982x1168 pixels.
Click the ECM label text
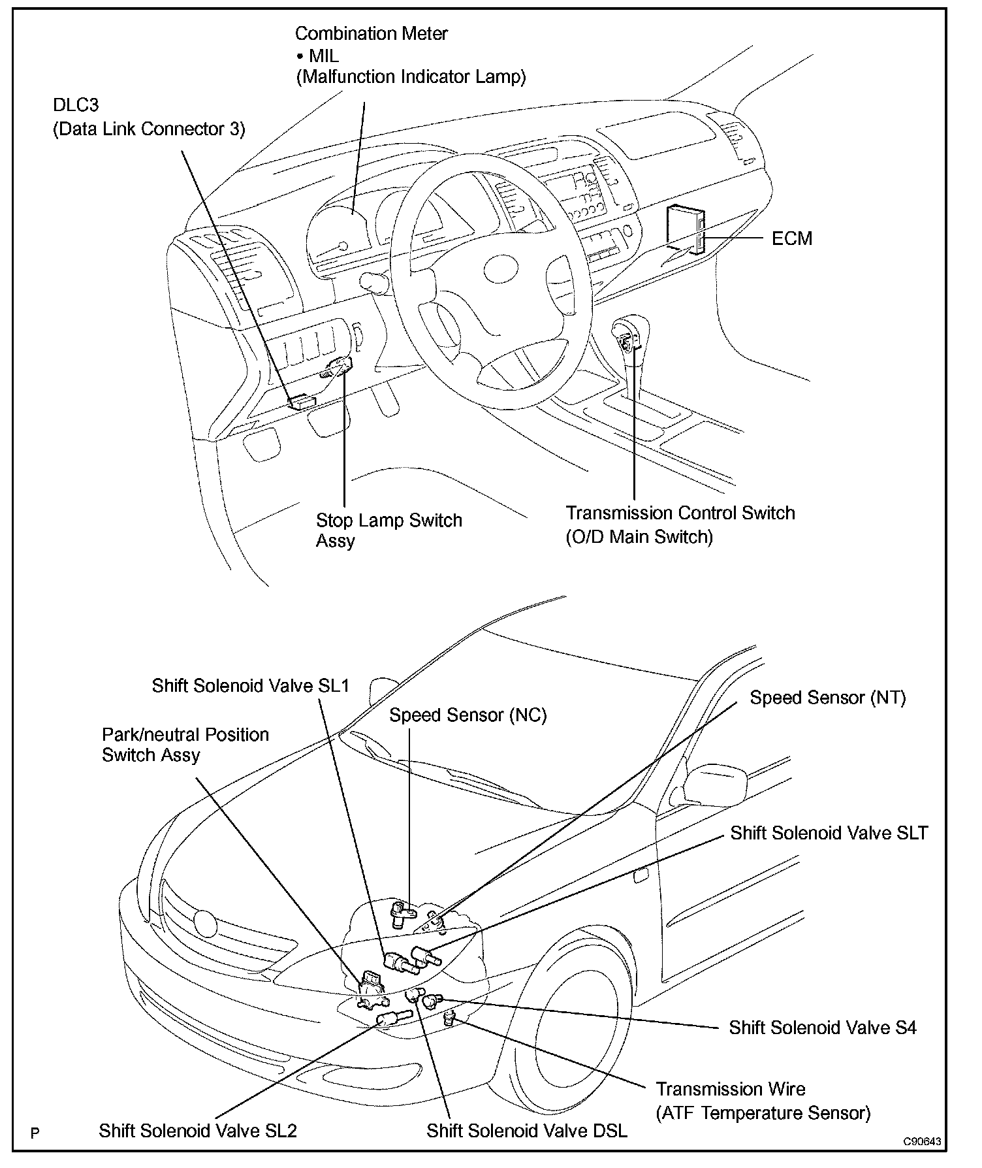click(791, 238)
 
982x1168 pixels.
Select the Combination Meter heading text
click(371, 33)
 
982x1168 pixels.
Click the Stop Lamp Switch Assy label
click(388, 530)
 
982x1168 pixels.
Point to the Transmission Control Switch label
click(680, 513)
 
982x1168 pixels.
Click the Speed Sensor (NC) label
click(467, 715)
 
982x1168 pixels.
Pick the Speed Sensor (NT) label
click(827, 698)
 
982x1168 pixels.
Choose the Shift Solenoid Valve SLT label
click(829, 833)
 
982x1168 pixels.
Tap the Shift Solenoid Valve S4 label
click(822, 1028)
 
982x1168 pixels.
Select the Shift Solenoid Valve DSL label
click(526, 1131)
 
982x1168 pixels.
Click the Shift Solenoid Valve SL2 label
click(198, 1131)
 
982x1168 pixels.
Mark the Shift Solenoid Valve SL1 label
click(250, 685)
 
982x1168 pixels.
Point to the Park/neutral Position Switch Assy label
click(185, 745)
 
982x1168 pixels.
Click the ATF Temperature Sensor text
click(763, 1113)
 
